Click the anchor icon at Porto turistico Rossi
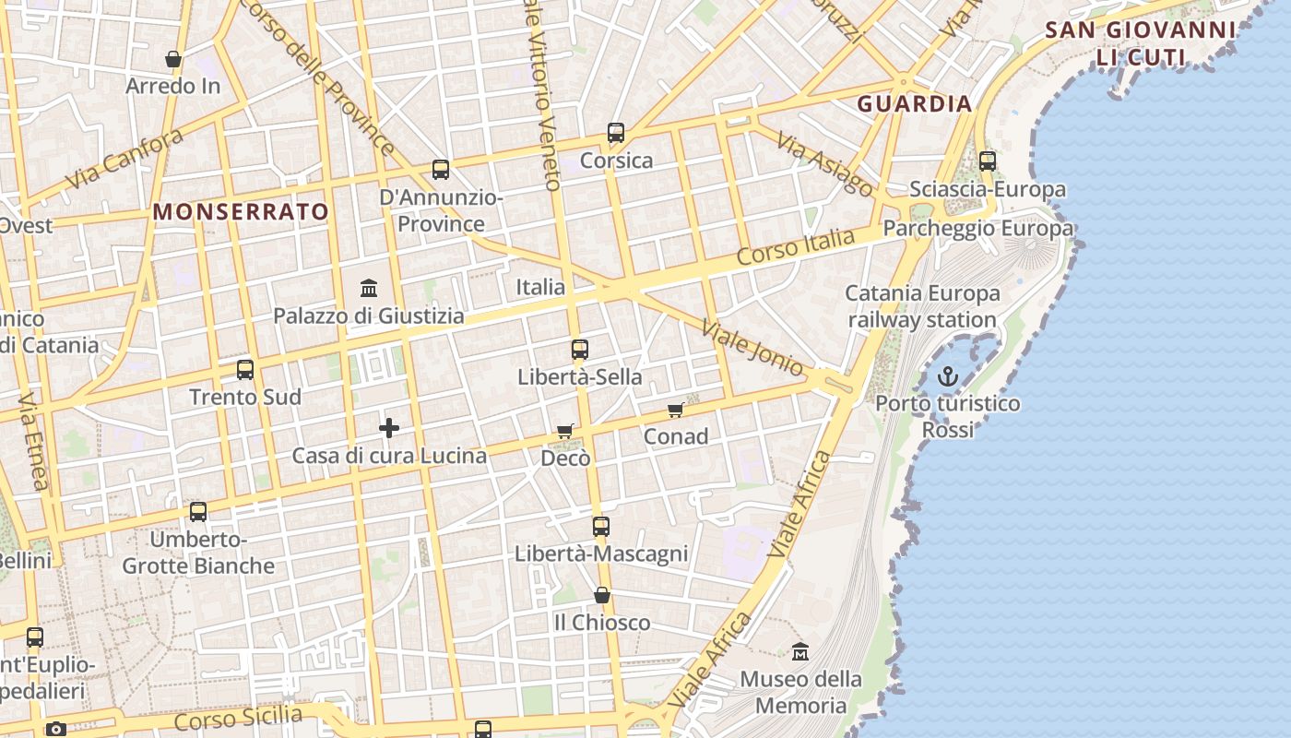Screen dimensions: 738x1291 click(x=947, y=376)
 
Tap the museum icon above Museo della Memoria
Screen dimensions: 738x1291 click(x=800, y=651)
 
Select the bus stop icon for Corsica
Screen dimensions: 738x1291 click(x=616, y=133)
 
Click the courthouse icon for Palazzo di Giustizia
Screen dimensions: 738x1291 click(x=369, y=288)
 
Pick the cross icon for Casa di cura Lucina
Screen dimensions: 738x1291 click(x=389, y=428)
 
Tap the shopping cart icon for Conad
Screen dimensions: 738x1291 click(x=676, y=410)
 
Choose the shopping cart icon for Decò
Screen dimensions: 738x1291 click(x=565, y=431)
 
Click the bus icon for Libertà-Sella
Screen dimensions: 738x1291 click(x=579, y=350)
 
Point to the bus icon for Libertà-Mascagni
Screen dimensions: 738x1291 click(x=601, y=527)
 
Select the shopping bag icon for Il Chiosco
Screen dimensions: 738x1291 click(x=602, y=595)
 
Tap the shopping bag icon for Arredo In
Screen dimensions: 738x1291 click(x=173, y=59)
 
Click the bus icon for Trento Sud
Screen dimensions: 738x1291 click(x=245, y=370)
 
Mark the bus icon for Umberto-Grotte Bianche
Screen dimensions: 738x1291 click(x=198, y=512)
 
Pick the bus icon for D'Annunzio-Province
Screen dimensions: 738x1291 click(x=441, y=170)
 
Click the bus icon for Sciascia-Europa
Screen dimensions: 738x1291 click(x=988, y=161)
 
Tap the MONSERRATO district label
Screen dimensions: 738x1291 click(x=241, y=211)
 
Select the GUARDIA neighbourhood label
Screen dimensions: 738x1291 click(x=915, y=103)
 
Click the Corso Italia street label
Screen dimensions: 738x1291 click(x=796, y=247)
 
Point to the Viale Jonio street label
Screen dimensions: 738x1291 click(x=752, y=348)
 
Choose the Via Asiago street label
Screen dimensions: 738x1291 click(x=824, y=164)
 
